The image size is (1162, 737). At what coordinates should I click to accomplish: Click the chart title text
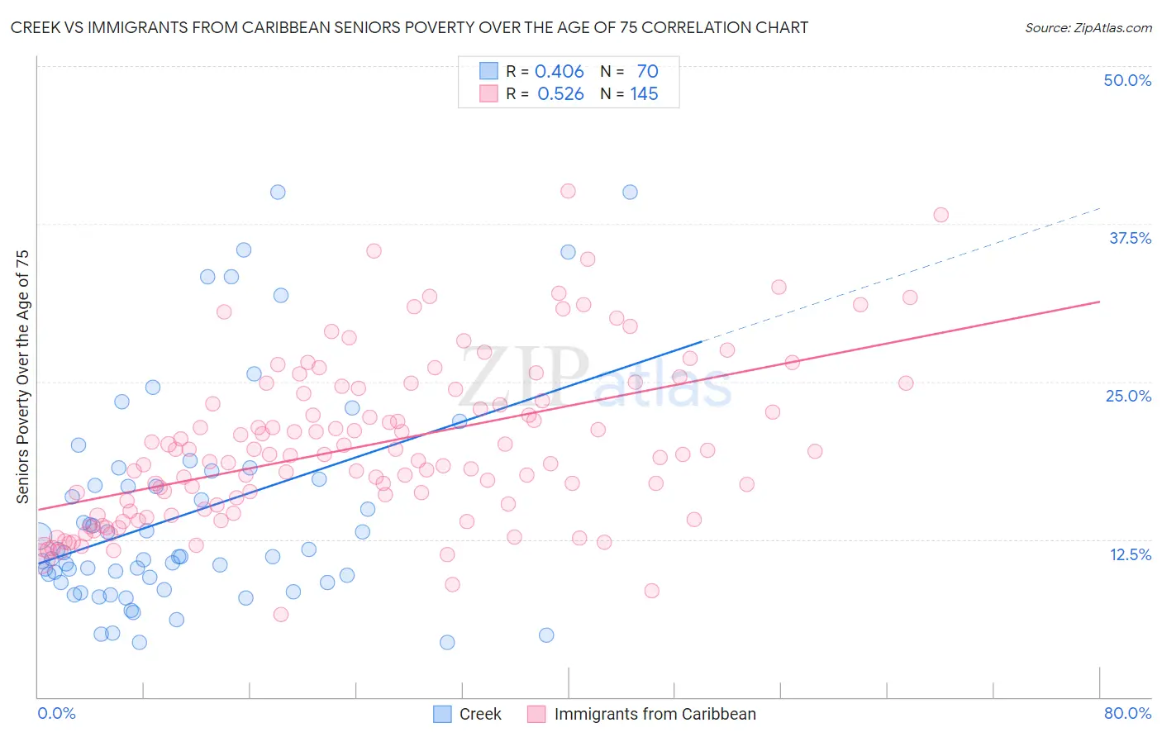pos(409,27)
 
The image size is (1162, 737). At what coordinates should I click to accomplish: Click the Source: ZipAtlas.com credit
pos(1088,27)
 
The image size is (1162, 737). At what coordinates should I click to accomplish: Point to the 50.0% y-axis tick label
pos(1127,80)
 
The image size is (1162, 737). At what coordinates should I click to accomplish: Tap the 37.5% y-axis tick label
pos(1130,238)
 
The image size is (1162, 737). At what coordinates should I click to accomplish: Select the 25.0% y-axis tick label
pos(1128,396)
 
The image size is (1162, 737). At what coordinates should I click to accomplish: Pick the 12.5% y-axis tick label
pos(1130,554)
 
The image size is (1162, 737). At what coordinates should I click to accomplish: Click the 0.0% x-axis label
pos(56,713)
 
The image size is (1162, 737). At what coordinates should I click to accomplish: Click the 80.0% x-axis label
pos(1127,713)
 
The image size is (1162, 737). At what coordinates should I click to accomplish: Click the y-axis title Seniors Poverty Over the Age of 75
pos(23,377)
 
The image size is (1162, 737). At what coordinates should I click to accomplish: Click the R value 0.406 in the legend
pos(560,72)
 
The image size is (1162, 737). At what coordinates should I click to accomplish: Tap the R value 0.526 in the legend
pos(560,94)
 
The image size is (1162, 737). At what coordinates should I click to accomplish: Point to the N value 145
pos(644,94)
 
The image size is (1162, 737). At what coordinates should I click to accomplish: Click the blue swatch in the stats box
pos(488,71)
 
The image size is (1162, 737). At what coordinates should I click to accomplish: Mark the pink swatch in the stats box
pos(488,93)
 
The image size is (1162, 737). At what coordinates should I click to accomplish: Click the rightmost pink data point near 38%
pos(941,215)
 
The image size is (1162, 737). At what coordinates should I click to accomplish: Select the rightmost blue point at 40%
pos(630,192)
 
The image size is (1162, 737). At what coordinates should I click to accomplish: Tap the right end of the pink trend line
pos(1098,302)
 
